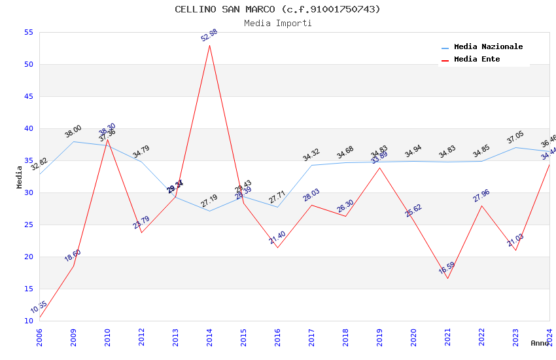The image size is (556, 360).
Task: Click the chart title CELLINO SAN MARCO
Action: pos(277,9)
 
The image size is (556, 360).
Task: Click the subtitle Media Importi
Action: pos(277,23)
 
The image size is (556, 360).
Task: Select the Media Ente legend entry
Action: pos(477,60)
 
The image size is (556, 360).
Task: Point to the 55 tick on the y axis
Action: pos(28,32)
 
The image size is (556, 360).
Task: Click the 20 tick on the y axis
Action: pos(28,257)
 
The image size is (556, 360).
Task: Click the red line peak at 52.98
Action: pos(209,45)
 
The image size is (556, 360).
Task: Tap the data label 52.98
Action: pos(209,35)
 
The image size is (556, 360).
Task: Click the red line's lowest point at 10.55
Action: pos(40,317)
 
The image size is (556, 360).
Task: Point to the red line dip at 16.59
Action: pos(447,278)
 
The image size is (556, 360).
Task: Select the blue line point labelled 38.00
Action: pos(73,141)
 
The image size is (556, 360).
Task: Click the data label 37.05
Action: pos(515,137)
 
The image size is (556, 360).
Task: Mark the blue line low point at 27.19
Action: pos(209,211)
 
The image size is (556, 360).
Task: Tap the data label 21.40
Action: pos(277,238)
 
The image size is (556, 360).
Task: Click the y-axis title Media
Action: pos(20,177)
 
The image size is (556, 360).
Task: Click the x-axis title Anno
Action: pos(540,343)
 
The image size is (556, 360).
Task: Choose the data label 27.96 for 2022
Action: pos(481,196)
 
